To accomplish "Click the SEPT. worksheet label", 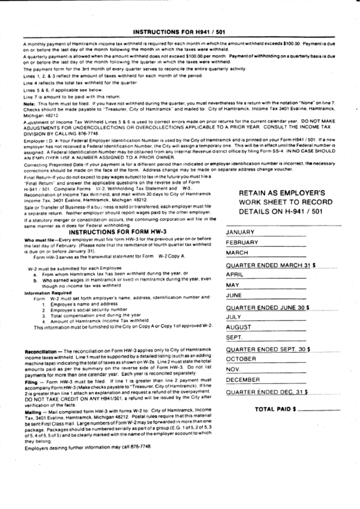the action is [234, 338].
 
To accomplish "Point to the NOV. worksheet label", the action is [234, 369].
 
